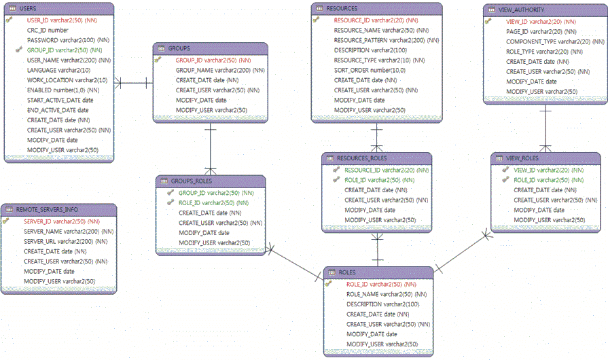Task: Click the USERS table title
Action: click(28, 7)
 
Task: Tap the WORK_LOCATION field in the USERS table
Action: click(67, 80)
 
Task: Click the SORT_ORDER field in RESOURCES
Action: click(370, 70)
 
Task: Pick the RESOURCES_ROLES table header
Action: click(362, 158)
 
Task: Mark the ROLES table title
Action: click(346, 272)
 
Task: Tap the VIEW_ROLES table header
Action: click(522, 158)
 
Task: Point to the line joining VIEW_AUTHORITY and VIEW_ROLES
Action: click(545, 129)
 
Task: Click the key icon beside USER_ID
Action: click(10, 20)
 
